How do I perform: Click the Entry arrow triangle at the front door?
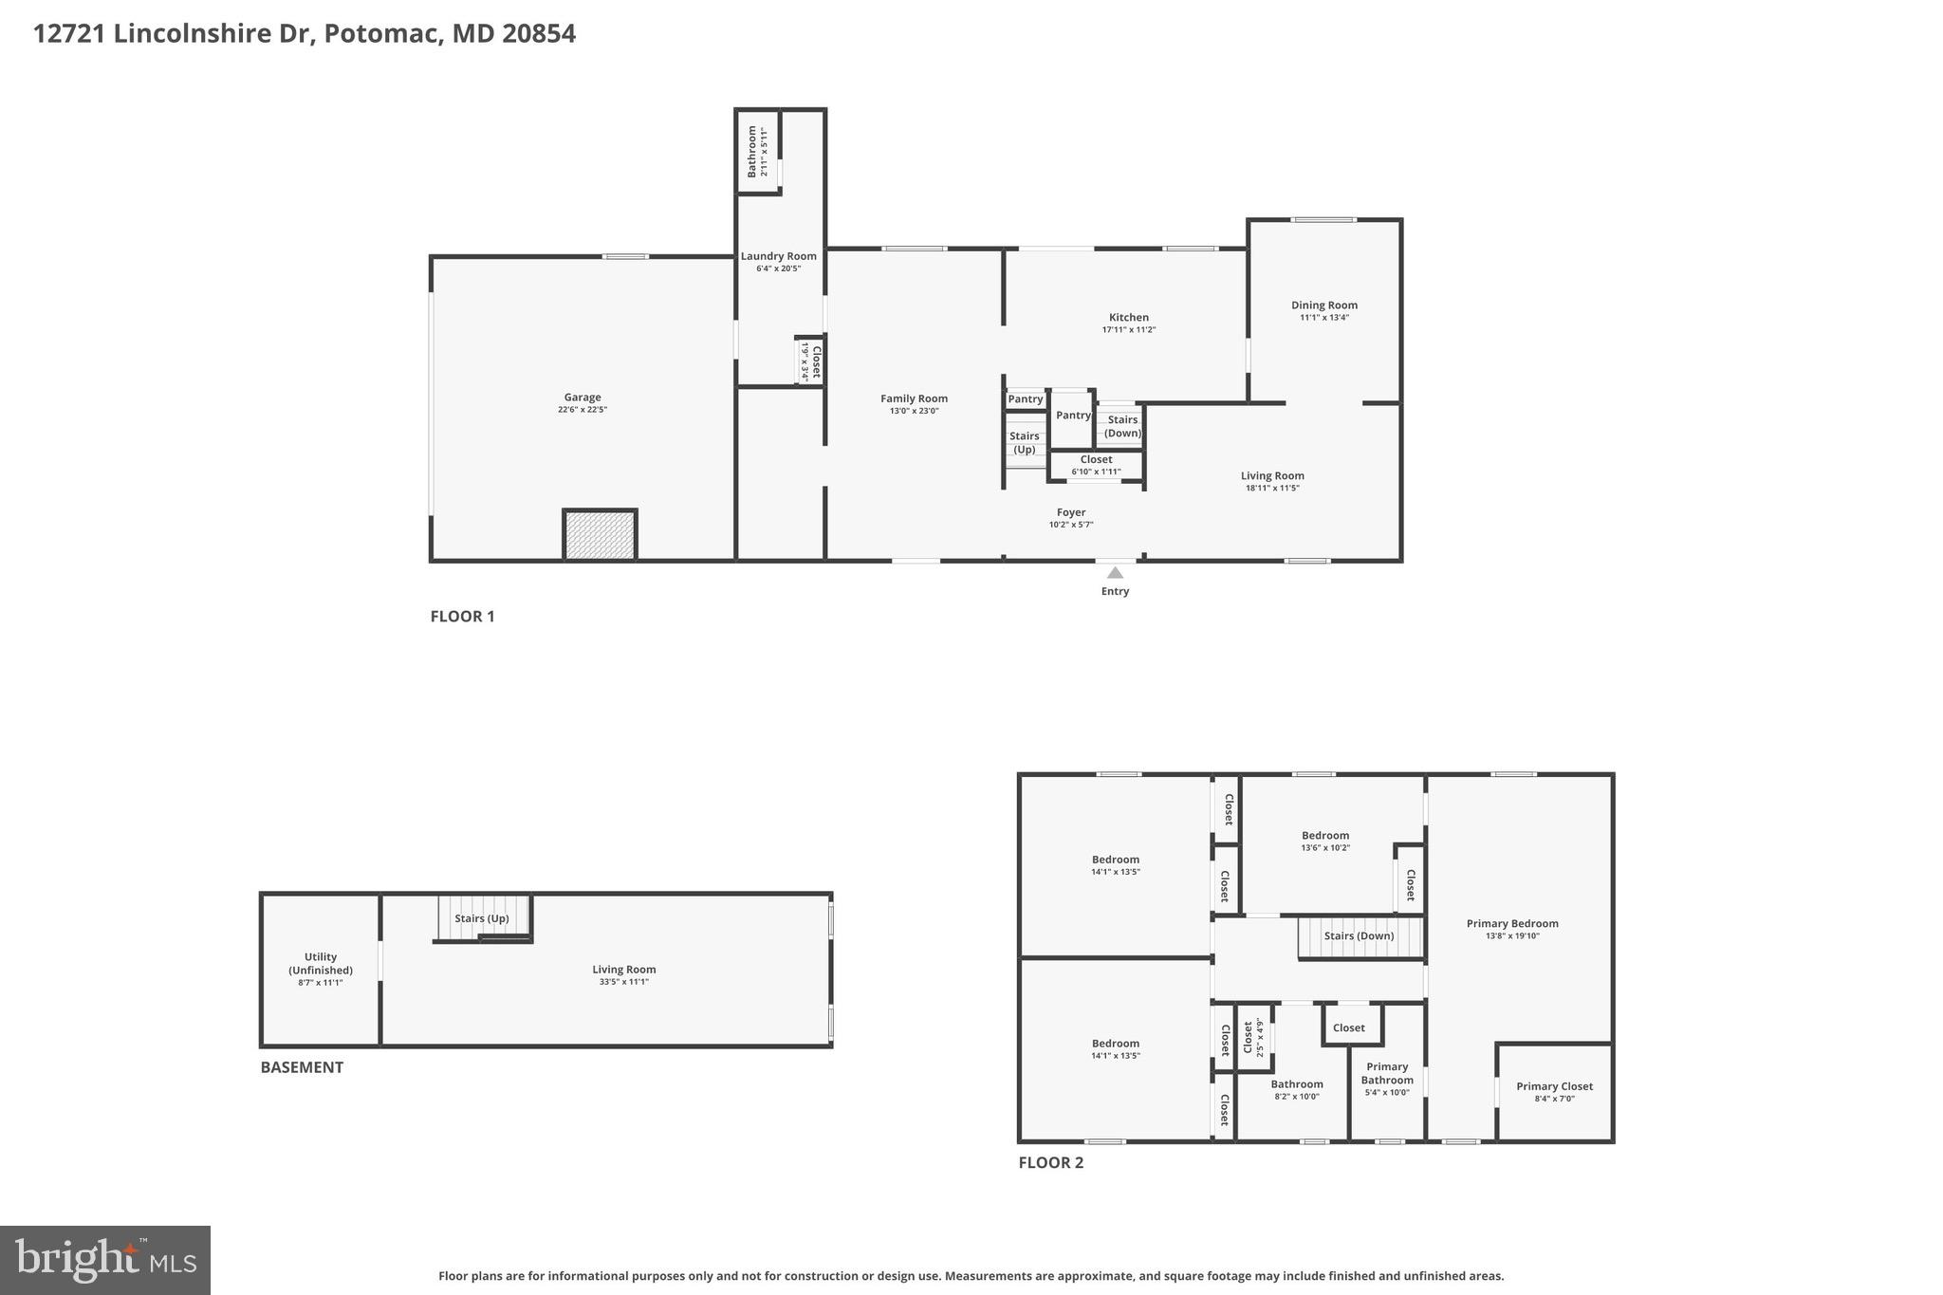[x=1115, y=573]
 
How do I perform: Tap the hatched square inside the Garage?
[x=600, y=535]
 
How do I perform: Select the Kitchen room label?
[x=1128, y=318]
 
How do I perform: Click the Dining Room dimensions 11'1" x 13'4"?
[x=1323, y=318]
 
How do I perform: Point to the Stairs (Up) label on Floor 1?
[x=1024, y=443]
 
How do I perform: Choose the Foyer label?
[x=1070, y=512]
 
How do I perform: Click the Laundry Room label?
[x=778, y=256]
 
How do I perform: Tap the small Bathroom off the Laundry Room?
[x=757, y=152]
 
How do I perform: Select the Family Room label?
[x=914, y=398]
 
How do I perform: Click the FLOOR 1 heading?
[x=462, y=617]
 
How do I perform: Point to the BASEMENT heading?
[x=302, y=1067]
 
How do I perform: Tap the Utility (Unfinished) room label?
[x=321, y=963]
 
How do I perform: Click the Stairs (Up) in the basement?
[x=482, y=918]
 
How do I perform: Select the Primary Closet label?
[x=1554, y=1086]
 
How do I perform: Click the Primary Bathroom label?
[x=1387, y=1073]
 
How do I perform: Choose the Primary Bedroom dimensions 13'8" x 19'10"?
[x=1512, y=936]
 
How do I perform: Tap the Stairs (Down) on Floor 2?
[x=1359, y=935]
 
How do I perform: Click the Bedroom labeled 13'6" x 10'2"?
[x=1324, y=836]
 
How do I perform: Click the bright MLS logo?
[x=105, y=1260]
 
